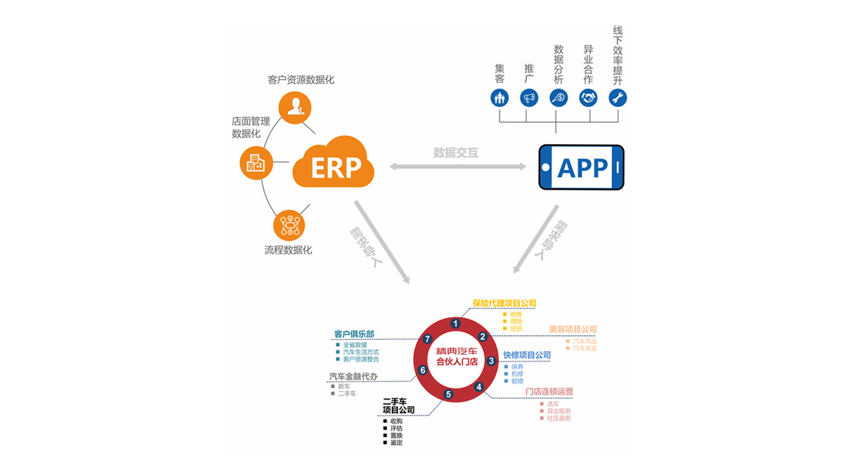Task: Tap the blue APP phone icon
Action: [x=582, y=167]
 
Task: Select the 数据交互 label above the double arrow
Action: [x=456, y=152]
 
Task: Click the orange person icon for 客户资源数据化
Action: [x=296, y=107]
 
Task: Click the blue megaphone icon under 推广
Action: [x=529, y=97]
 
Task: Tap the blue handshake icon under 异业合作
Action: [x=588, y=97]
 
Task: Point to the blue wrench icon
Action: [x=617, y=97]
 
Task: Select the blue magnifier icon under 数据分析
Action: [x=558, y=97]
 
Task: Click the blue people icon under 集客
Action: [x=499, y=97]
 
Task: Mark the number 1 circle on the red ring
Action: [x=456, y=324]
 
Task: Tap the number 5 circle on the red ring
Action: [x=448, y=395]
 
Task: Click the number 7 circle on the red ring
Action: [x=428, y=339]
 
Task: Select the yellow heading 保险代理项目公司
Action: [x=504, y=303]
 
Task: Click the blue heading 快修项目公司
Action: [x=527, y=355]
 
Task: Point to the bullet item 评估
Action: [x=396, y=428]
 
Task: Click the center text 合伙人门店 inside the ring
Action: [x=457, y=362]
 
